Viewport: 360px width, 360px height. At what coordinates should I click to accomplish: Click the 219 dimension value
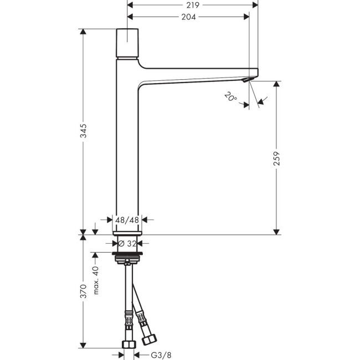(192, 4)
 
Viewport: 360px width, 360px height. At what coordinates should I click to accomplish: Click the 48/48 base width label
(126, 220)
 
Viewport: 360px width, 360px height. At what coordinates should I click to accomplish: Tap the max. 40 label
(95, 280)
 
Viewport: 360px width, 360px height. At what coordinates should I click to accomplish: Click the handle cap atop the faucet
(127, 43)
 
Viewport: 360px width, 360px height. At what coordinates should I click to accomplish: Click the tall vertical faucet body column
(127, 150)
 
